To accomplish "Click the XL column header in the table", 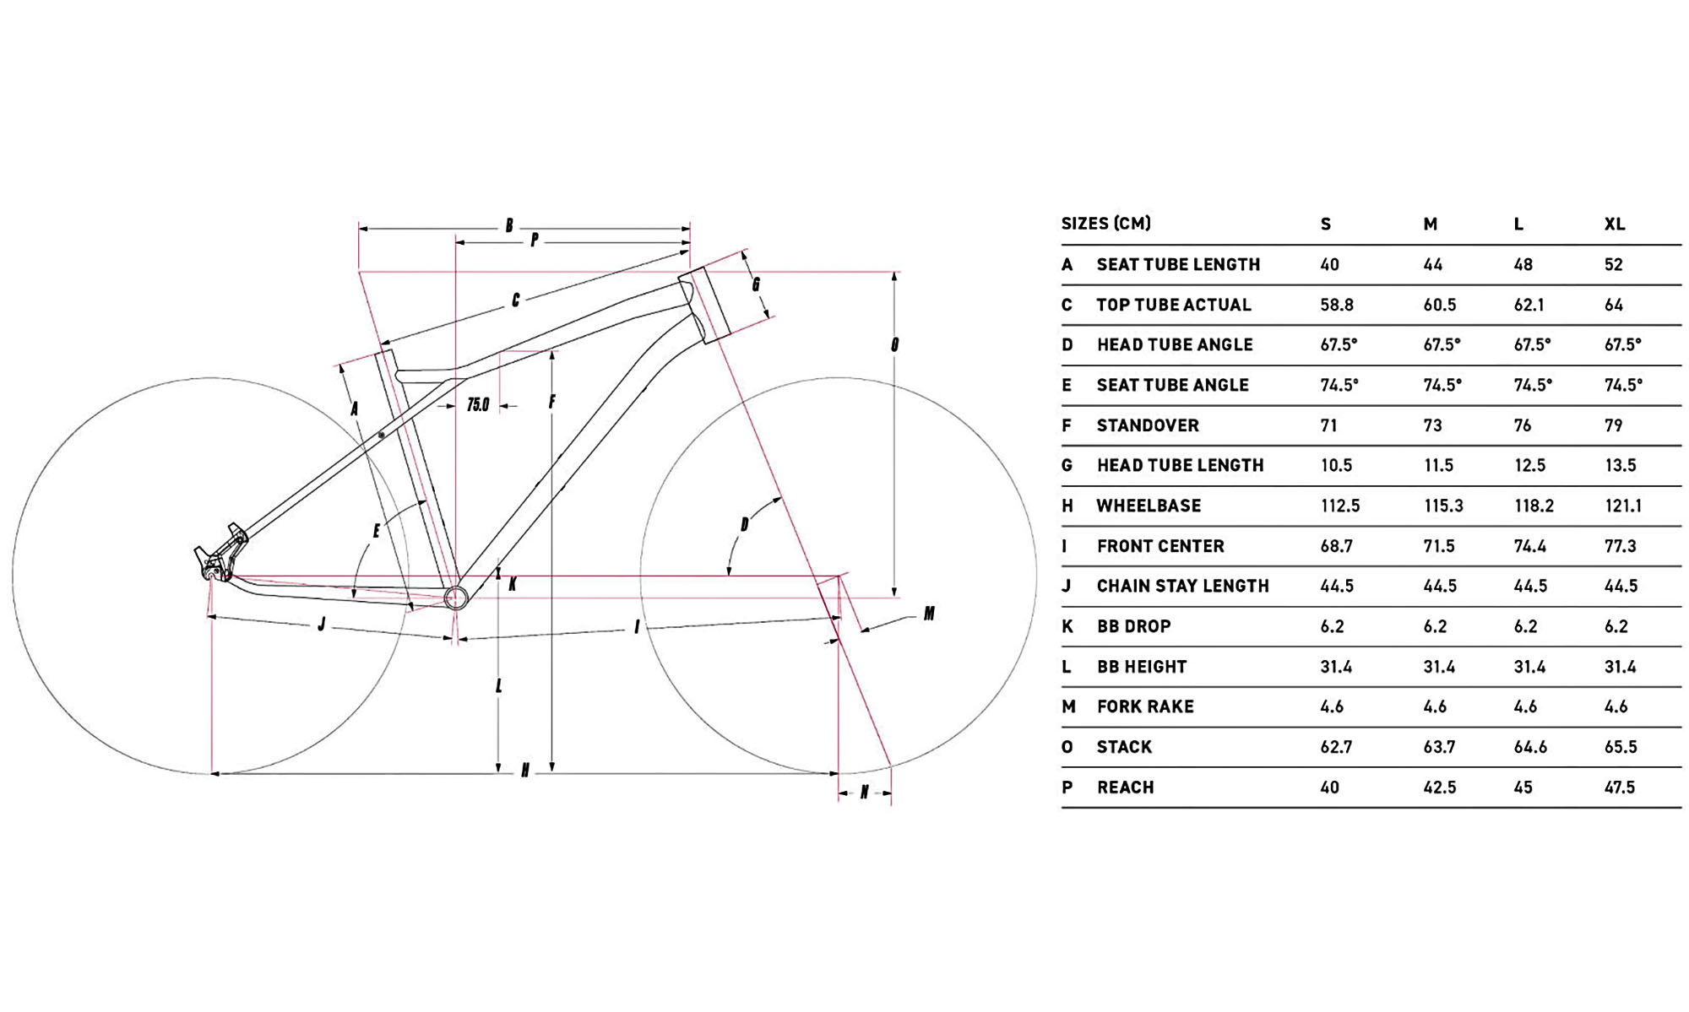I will point(1614,225).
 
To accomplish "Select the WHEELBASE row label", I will point(1148,506).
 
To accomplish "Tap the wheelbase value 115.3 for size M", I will point(1442,506).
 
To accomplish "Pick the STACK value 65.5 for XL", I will point(1620,747).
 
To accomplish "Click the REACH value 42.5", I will point(1439,787).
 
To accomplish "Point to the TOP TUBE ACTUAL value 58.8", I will point(1336,305).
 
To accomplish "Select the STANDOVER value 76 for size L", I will point(1522,425).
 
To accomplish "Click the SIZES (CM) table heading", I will point(1105,224).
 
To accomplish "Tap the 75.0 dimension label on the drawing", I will point(478,405).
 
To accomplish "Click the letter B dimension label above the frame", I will point(509,225).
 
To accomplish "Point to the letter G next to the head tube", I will point(756,284).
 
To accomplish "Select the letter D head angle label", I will point(744,525).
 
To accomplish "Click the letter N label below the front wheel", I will point(864,793).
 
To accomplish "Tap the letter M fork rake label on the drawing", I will point(929,614).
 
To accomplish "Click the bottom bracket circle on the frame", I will point(456,598).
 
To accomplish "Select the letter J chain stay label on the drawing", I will point(322,625).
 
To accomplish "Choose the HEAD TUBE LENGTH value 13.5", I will point(1620,466).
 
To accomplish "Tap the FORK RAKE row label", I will point(1144,707).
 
